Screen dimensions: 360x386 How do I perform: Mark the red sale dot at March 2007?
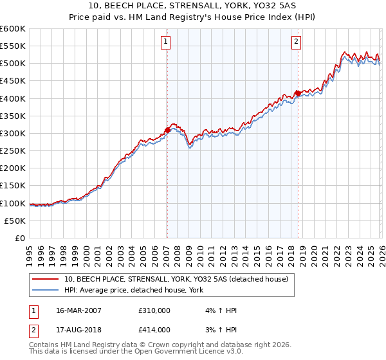click(167, 130)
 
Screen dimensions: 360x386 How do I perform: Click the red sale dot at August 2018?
click(297, 93)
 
